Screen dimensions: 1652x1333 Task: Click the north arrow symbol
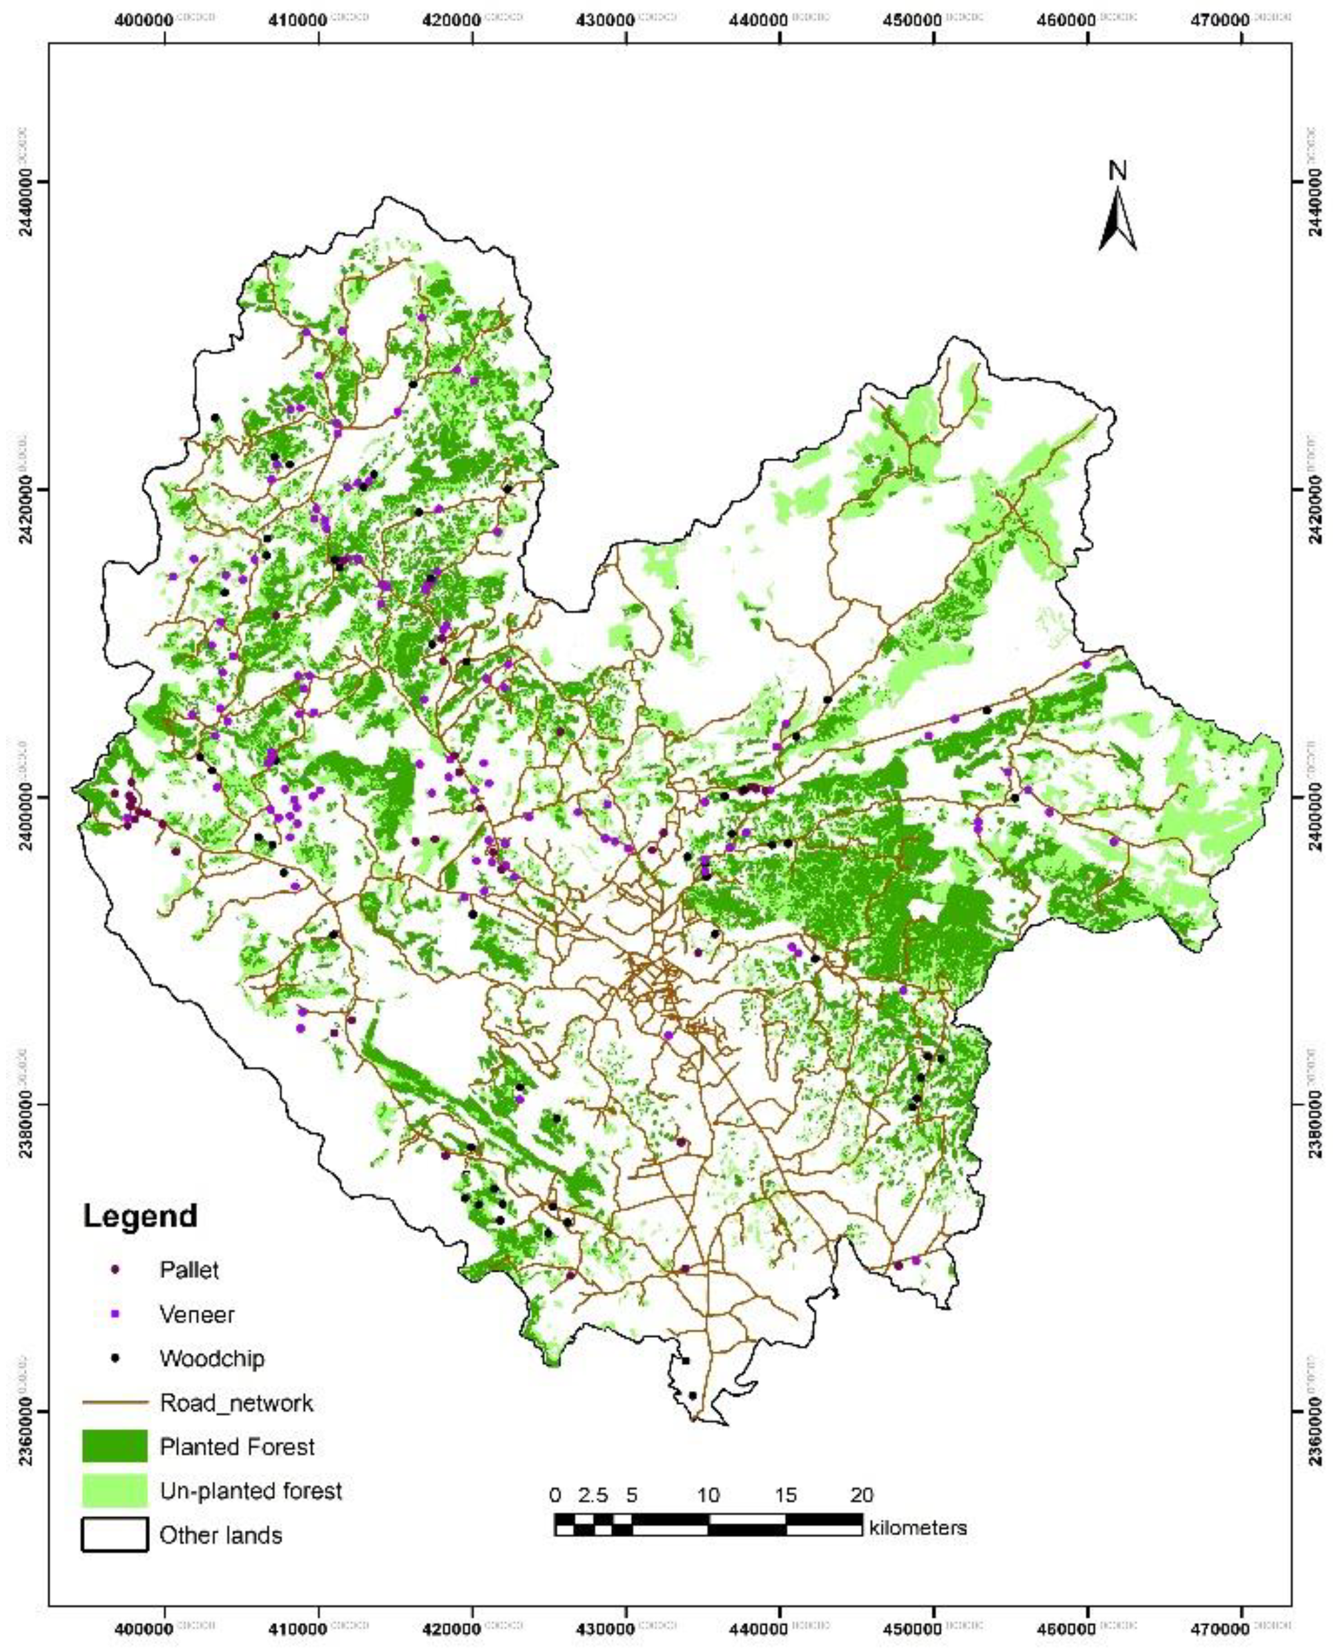click(1117, 220)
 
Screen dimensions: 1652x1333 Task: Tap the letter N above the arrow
click(1117, 171)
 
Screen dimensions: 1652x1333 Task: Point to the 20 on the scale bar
click(862, 1495)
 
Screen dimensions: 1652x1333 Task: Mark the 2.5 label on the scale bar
click(592, 1495)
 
